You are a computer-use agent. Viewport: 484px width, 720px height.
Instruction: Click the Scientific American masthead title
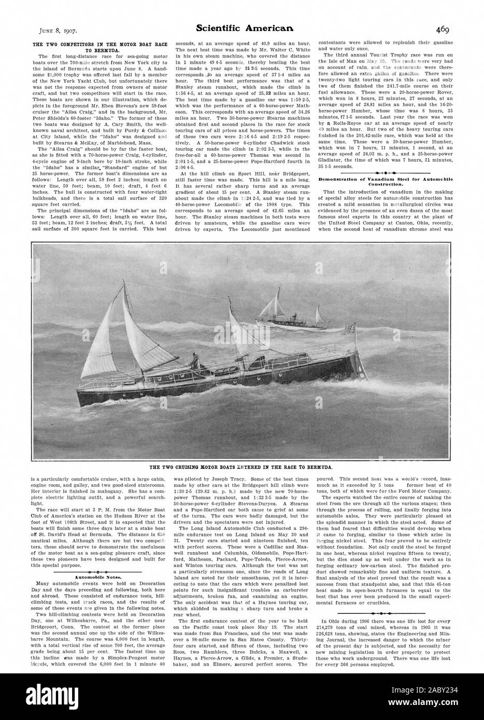[x=241, y=30]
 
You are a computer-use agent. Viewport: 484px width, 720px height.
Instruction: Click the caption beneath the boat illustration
[x=241, y=467]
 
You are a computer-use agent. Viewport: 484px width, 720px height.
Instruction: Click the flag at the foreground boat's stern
[x=356, y=328]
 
